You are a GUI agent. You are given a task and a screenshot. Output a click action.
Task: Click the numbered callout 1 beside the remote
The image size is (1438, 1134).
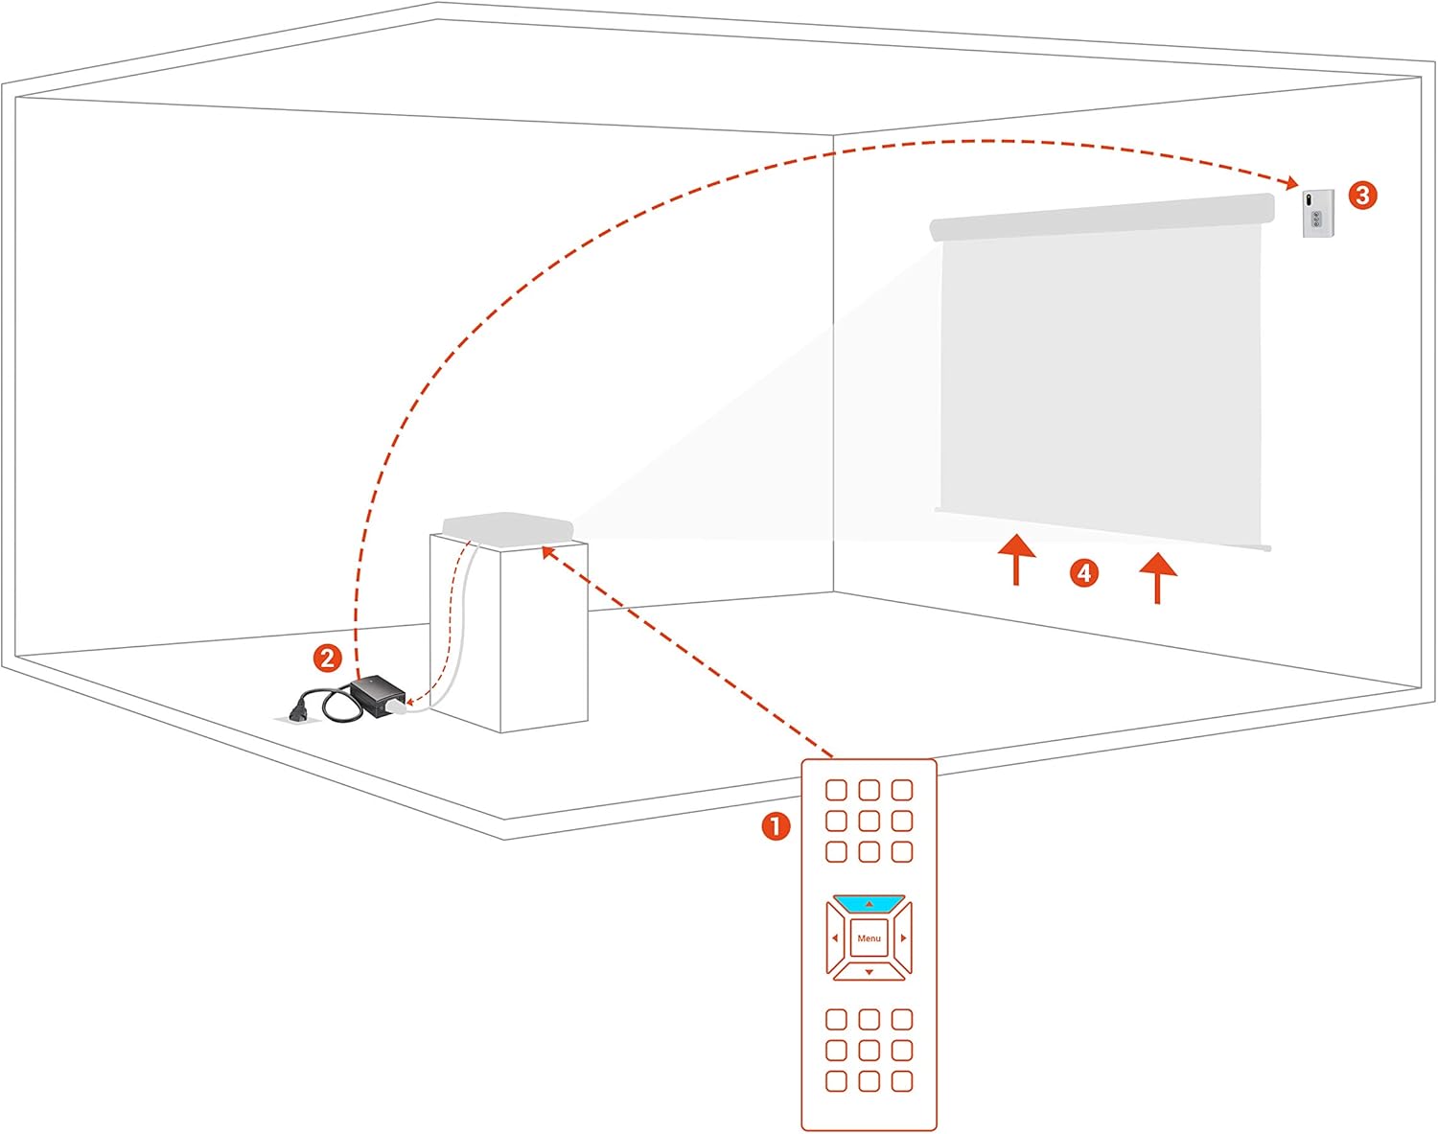pyautogui.click(x=776, y=826)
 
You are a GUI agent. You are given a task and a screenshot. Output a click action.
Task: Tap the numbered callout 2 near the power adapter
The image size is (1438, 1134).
pyautogui.click(x=328, y=659)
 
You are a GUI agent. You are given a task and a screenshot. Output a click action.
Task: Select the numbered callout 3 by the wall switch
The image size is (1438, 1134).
pyautogui.click(x=1362, y=196)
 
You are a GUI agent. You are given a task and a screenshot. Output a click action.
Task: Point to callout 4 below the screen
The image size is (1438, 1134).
pyautogui.click(x=1084, y=572)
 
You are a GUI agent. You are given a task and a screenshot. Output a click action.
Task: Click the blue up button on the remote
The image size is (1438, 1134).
pyautogui.click(x=869, y=904)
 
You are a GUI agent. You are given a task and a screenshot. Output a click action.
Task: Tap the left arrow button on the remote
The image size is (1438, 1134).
pyautogui.click(x=836, y=937)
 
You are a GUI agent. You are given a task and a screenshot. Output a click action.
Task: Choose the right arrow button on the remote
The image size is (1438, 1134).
pyautogui.click(x=903, y=937)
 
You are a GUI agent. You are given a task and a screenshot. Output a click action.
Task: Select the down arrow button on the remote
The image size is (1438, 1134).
pyautogui.click(x=869, y=971)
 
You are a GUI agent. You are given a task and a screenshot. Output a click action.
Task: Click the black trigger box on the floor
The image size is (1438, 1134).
pyautogui.click(x=378, y=695)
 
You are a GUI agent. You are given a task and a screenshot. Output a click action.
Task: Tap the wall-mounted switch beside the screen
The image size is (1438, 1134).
pyautogui.click(x=1318, y=213)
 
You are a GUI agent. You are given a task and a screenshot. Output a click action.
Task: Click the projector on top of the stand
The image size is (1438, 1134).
pyautogui.click(x=508, y=528)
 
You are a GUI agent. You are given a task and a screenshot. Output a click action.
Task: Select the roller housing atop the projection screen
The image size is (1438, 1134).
pyautogui.click(x=1102, y=217)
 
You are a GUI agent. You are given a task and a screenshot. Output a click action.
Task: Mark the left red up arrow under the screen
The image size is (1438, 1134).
pyautogui.click(x=1016, y=560)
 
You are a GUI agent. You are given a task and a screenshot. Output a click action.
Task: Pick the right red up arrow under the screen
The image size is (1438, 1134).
pyautogui.click(x=1157, y=578)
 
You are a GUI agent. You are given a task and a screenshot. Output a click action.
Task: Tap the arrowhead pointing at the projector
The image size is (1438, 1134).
pyautogui.click(x=548, y=553)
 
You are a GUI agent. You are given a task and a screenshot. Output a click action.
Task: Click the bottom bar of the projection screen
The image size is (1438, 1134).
pyautogui.click(x=1102, y=529)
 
